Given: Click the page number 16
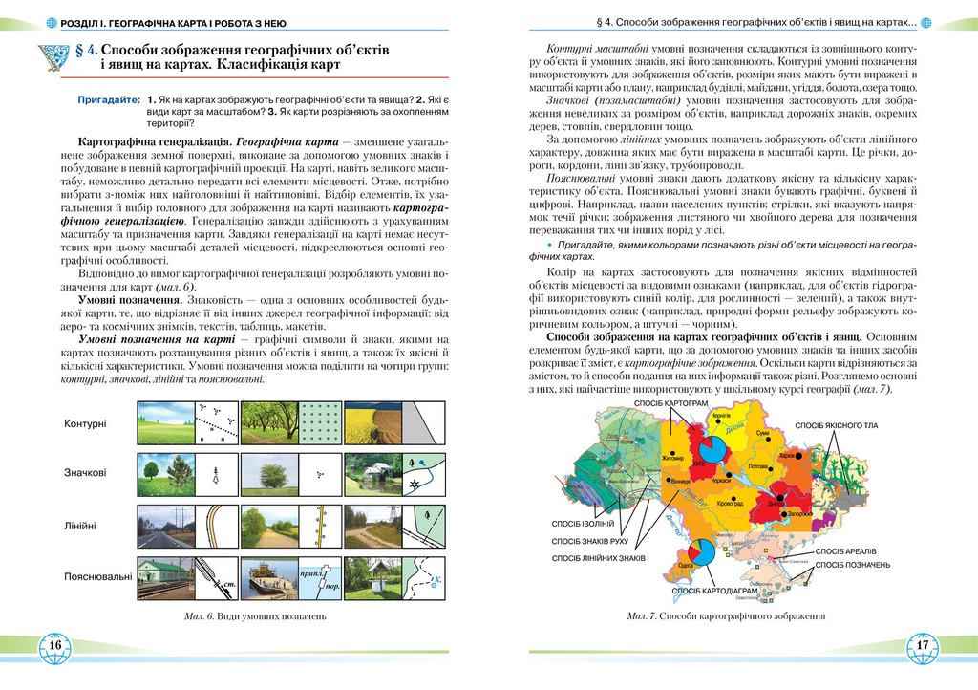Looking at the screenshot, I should coord(54,646).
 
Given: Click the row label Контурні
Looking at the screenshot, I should coord(85,423).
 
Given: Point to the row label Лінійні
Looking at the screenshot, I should coord(85,526).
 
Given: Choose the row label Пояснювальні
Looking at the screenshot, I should coord(97,577).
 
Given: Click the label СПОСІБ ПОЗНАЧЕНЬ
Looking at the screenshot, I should coord(855,565).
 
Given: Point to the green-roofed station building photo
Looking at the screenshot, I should coord(164,577).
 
